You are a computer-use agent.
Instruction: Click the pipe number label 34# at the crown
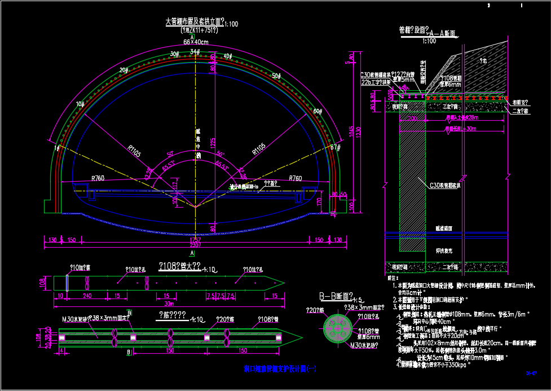click(195, 52)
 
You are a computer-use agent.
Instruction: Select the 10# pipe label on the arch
click(80, 104)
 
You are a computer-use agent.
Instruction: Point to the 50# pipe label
click(276, 76)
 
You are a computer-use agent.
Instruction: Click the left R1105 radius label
click(134, 150)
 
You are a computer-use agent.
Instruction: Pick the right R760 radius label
click(295, 178)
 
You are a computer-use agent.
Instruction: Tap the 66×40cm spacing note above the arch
click(196, 42)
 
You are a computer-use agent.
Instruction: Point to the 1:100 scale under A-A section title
click(429, 41)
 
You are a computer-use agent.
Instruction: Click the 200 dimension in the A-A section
click(412, 118)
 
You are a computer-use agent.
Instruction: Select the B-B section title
click(336, 296)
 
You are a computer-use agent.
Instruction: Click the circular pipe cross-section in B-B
click(338, 327)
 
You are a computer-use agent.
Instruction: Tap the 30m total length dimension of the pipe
click(167, 304)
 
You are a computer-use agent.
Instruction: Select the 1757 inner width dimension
click(195, 240)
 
